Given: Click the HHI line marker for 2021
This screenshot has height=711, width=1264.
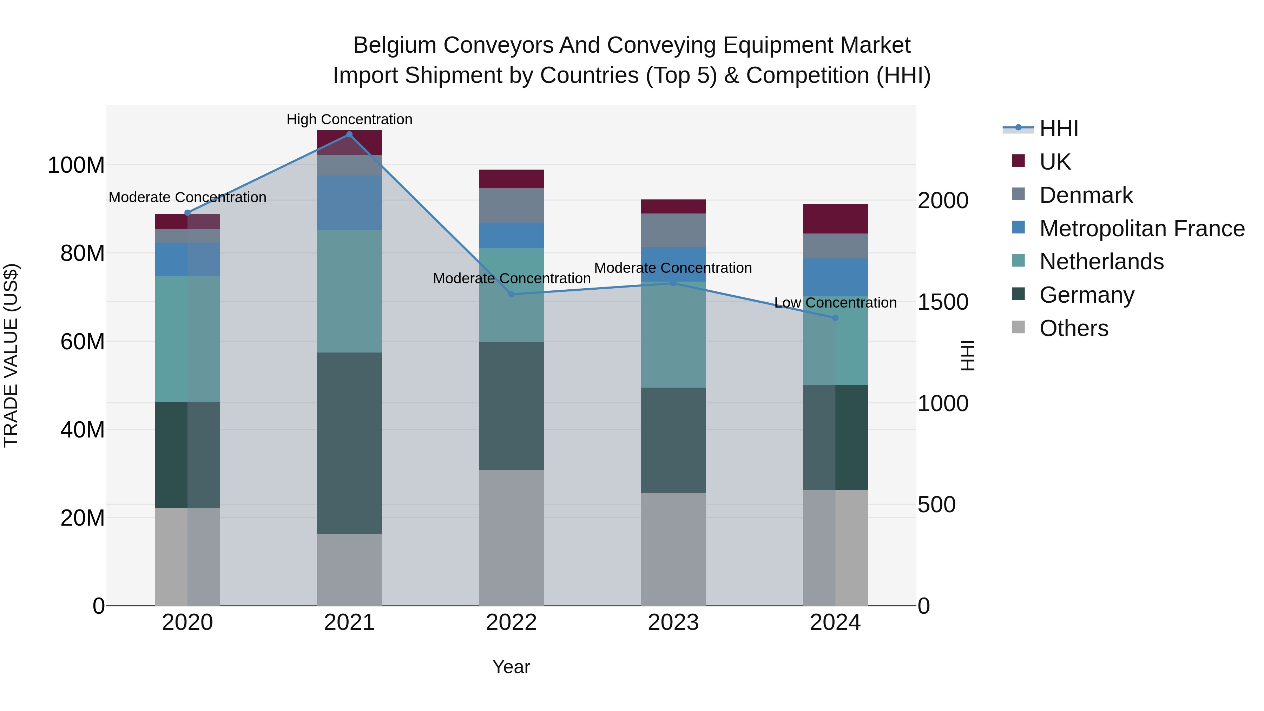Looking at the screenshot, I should [349, 134].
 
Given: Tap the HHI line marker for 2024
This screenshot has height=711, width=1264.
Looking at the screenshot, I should [835, 318].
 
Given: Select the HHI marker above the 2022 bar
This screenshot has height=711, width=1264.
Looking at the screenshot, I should [511, 295].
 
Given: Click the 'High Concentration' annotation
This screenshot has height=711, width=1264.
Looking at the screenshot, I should [349, 119].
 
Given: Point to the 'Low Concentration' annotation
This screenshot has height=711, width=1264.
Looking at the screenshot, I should [835, 303].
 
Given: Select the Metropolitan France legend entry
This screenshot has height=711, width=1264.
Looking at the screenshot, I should [1141, 228].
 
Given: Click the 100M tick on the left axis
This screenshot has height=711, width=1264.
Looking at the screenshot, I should [76, 165].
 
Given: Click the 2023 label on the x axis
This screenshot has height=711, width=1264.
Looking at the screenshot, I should [673, 623].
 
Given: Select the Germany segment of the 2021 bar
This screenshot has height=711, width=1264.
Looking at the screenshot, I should [349, 443].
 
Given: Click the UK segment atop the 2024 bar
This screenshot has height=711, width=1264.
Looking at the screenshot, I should [835, 219].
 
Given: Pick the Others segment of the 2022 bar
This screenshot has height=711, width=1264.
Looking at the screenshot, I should [511, 537].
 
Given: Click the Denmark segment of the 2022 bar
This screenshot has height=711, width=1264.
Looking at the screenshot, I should [511, 206].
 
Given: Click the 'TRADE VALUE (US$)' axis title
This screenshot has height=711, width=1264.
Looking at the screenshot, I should [11, 355].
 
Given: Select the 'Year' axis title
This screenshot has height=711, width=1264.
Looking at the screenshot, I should [511, 667].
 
